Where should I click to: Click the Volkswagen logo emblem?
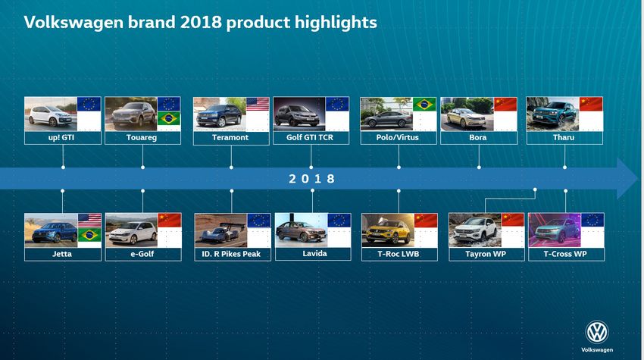coord(597,332)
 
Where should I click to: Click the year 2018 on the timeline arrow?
coord(311,179)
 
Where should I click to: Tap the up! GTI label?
coord(61,137)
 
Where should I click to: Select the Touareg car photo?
coord(131,114)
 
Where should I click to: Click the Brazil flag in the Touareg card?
coord(169,118)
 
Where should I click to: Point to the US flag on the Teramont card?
coord(258,104)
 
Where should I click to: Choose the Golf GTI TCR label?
coord(310,137)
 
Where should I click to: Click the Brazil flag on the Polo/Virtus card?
coord(424,104)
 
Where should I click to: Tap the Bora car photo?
coord(467,114)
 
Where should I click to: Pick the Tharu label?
coord(564,137)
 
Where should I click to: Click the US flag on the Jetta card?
coord(89,221)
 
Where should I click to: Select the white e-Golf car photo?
coord(131,230)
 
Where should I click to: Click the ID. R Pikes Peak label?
coord(231,254)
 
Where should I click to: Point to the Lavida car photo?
coord(301,230)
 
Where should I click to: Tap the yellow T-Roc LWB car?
coord(388,232)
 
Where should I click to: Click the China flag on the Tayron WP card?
coord(513,220)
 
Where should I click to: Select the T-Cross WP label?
coord(565,254)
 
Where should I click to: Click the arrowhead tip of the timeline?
coord(638,178)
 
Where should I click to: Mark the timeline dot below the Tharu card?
coord(564,167)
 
